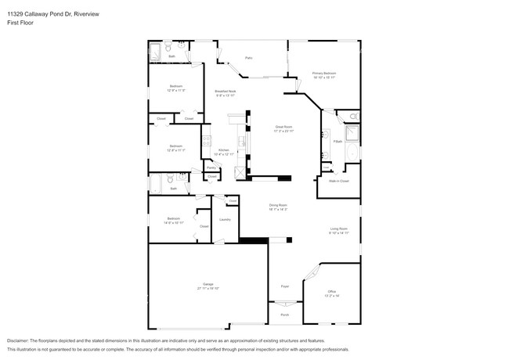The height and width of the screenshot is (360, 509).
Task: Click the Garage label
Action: coord(208,285)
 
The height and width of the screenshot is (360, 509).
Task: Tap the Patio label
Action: coord(248,58)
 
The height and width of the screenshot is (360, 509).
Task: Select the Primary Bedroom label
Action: coord(324,73)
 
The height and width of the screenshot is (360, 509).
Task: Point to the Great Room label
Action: coord(283,126)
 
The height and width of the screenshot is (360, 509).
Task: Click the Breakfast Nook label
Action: coord(226,92)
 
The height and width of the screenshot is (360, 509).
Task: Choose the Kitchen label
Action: coord(224,150)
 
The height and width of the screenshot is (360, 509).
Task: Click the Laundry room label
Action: coord(225,219)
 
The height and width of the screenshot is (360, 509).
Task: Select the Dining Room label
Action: coord(279,205)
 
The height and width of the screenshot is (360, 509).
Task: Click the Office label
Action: coord(332,291)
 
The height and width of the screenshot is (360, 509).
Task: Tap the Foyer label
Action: coord(285,286)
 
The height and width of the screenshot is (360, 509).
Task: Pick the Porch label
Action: coord(284,315)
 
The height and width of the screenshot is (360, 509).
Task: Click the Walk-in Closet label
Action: coord(338,181)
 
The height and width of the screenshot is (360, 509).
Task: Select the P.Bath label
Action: coord(338,141)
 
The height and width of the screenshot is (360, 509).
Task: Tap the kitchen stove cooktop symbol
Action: coord(207,142)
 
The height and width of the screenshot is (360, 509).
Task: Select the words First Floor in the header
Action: coord(19,22)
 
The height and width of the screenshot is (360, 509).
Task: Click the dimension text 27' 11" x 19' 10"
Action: coord(208,289)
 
